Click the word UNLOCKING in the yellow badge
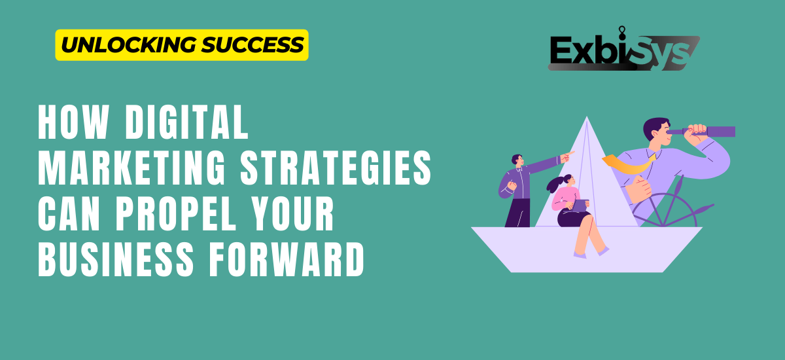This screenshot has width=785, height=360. pyautogui.click(x=128, y=45)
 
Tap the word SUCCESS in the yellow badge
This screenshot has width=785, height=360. pyautogui.click(x=253, y=45)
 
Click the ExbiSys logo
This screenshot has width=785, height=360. pyautogui.click(x=624, y=49)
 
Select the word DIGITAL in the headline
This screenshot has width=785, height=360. pyautogui.click(x=187, y=122)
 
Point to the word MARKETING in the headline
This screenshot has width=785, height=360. pyautogui.click(x=131, y=168)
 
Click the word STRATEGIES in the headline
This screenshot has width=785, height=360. pyautogui.click(x=336, y=168)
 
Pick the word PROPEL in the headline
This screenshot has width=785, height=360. pyautogui.click(x=176, y=213)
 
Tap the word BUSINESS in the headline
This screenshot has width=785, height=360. pyautogui.click(x=116, y=259)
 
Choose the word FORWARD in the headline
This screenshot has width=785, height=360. pyautogui.click(x=287, y=259)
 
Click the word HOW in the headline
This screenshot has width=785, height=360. pyautogui.click(x=73, y=122)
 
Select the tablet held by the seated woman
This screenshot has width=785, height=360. pyautogui.click(x=581, y=206)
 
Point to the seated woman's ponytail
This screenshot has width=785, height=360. pyautogui.click(x=555, y=184)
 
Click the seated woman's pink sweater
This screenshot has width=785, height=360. pyautogui.click(x=565, y=199)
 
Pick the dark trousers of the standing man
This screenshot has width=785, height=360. pyautogui.click(x=518, y=213)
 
